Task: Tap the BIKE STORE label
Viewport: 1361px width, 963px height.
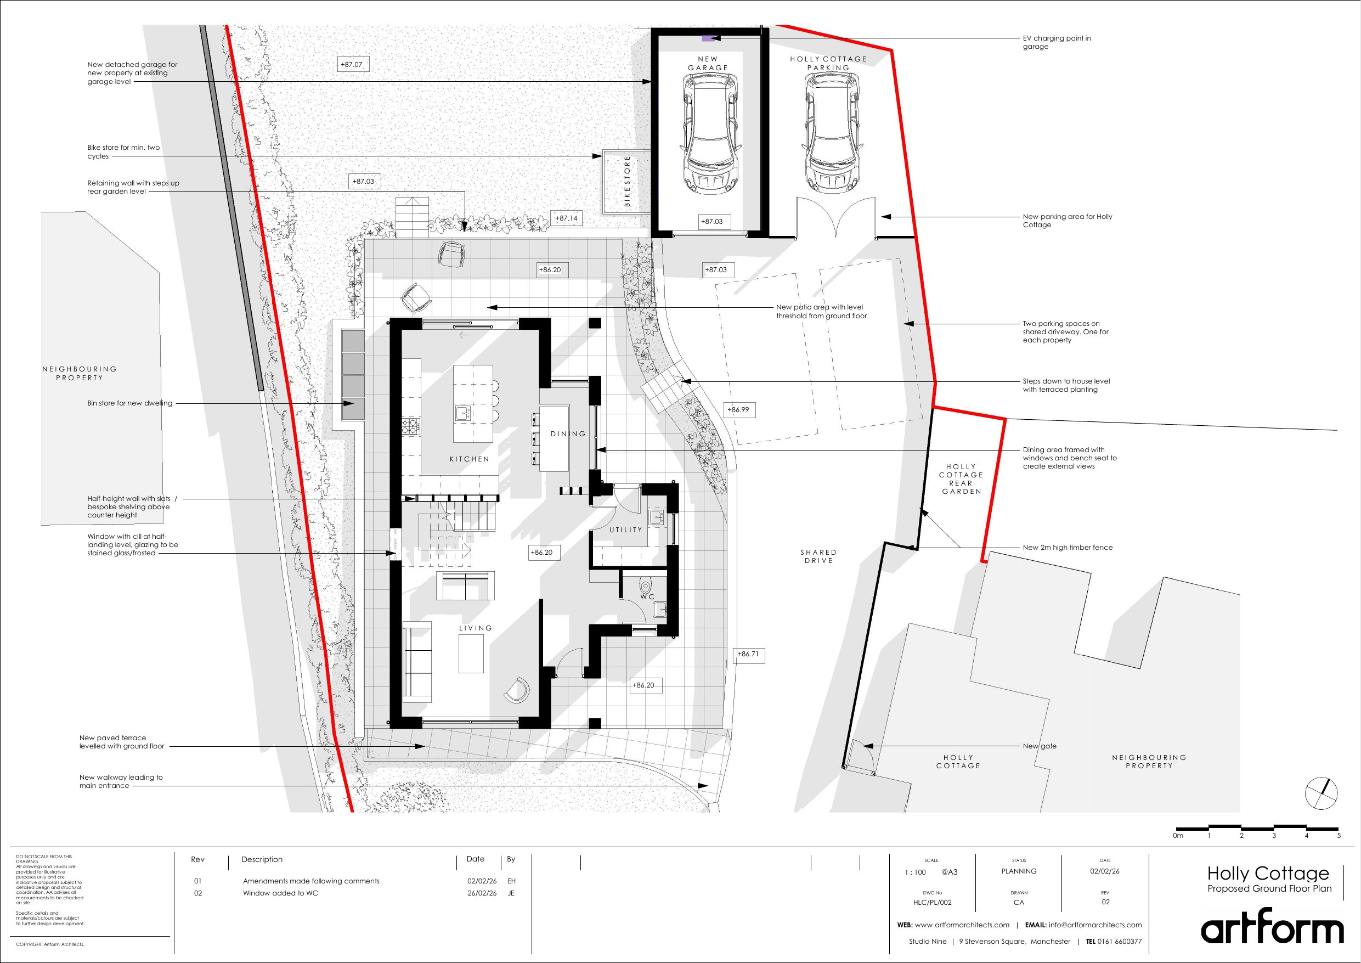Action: click(x=627, y=182)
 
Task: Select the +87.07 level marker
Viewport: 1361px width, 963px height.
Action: click(x=352, y=64)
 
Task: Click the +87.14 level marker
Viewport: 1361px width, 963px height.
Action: click(x=566, y=218)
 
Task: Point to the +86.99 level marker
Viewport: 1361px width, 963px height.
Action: click(x=738, y=410)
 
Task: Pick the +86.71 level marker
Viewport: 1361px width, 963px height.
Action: click(x=748, y=654)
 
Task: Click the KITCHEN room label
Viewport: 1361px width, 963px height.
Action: click(x=470, y=459)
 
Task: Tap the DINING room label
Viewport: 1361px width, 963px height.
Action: click(x=568, y=434)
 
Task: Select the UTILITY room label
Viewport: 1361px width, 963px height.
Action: click(x=626, y=530)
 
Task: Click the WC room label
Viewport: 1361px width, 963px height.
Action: click(x=647, y=597)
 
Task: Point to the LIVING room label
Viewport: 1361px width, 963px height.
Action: click(x=476, y=628)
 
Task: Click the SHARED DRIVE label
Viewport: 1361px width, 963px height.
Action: click(x=818, y=556)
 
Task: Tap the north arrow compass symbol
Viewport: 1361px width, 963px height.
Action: click(x=1322, y=793)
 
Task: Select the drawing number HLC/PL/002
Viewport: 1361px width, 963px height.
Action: click(x=933, y=903)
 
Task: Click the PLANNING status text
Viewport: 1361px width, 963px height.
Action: click(x=1019, y=871)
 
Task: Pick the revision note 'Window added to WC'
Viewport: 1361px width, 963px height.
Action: click(x=280, y=893)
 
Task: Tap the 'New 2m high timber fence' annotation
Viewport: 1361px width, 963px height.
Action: click(x=1068, y=547)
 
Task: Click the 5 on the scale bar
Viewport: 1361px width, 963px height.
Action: click(x=1339, y=836)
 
